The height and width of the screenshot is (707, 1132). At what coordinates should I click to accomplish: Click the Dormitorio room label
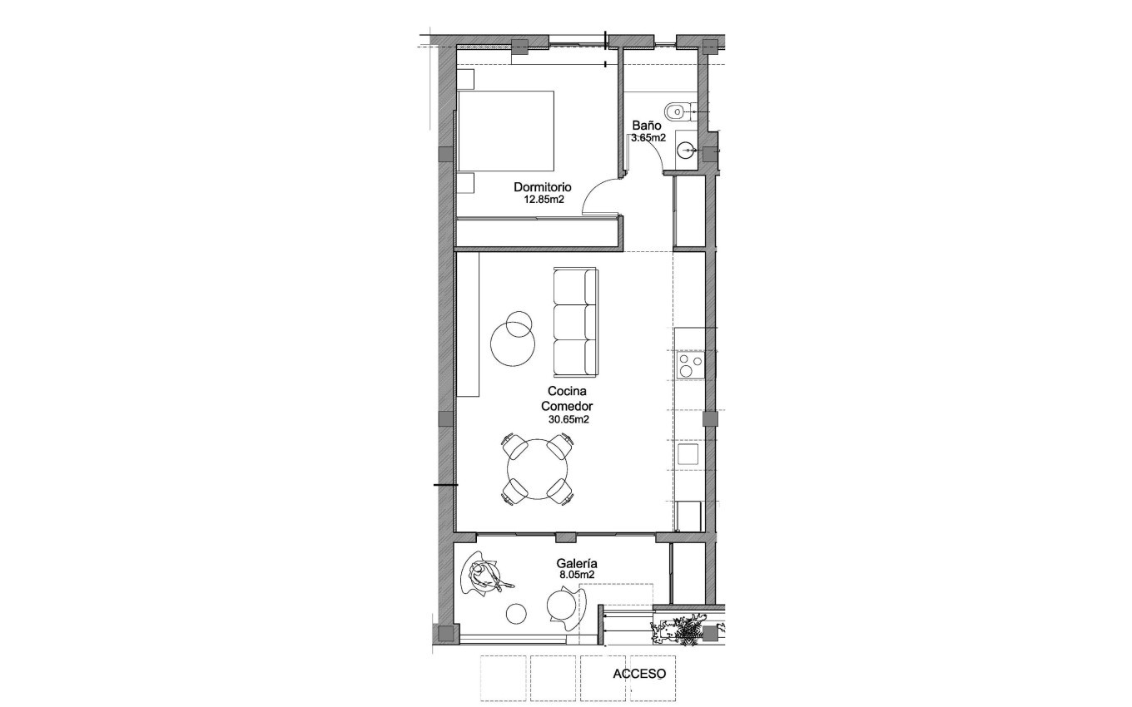pyautogui.click(x=542, y=187)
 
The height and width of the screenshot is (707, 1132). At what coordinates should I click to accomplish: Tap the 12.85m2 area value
pyautogui.click(x=544, y=200)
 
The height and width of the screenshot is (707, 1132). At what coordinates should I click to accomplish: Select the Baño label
pyautogui.click(x=646, y=126)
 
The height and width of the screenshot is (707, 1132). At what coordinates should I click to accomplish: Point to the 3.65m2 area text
pyautogui.click(x=648, y=138)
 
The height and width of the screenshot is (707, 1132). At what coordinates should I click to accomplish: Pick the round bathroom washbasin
pyautogui.click(x=686, y=151)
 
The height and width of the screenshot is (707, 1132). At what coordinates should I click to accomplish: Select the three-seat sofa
pyautogui.click(x=575, y=322)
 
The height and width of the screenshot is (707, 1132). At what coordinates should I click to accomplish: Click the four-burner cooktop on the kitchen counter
pyautogui.click(x=690, y=365)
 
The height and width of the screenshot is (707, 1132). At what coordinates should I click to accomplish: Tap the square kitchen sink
pyautogui.click(x=688, y=454)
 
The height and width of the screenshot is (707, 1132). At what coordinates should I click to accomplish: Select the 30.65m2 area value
pyautogui.click(x=568, y=420)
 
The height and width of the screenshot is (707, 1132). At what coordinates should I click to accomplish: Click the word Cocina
pyautogui.click(x=568, y=391)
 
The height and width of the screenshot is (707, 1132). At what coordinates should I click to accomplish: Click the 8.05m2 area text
pyautogui.click(x=576, y=575)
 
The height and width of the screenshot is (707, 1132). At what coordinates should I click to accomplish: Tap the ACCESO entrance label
pyautogui.click(x=639, y=674)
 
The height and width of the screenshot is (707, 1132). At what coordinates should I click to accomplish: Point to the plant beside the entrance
pyautogui.click(x=685, y=631)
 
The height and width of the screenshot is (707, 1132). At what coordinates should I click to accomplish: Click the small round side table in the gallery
pyautogui.click(x=517, y=614)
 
